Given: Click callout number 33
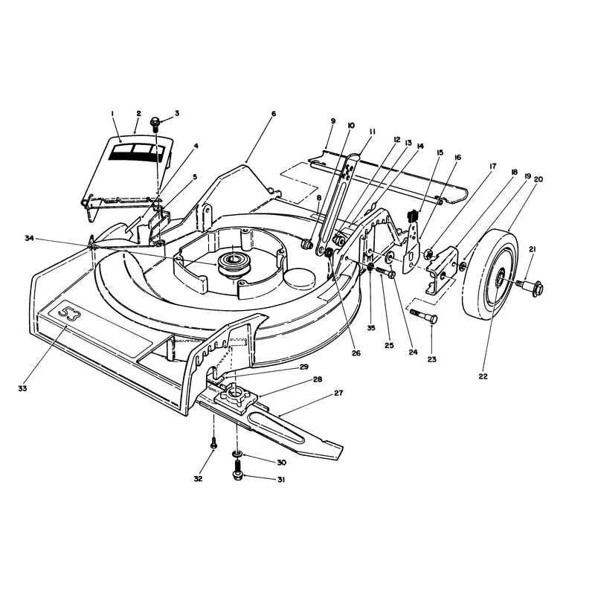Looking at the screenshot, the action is [x=22, y=388].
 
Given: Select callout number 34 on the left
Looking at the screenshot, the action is [x=30, y=238].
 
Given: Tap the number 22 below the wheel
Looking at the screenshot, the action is [x=483, y=376].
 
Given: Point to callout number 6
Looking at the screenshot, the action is [x=274, y=114].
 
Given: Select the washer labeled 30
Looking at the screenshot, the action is [x=237, y=454].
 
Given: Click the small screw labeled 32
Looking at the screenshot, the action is [x=213, y=443].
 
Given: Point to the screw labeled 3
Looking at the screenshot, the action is [x=155, y=124].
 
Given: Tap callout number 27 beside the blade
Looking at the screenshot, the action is [x=338, y=393].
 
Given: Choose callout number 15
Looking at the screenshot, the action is [x=440, y=152].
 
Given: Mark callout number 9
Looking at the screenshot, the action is [x=333, y=121].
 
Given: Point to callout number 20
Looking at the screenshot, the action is [x=538, y=179].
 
